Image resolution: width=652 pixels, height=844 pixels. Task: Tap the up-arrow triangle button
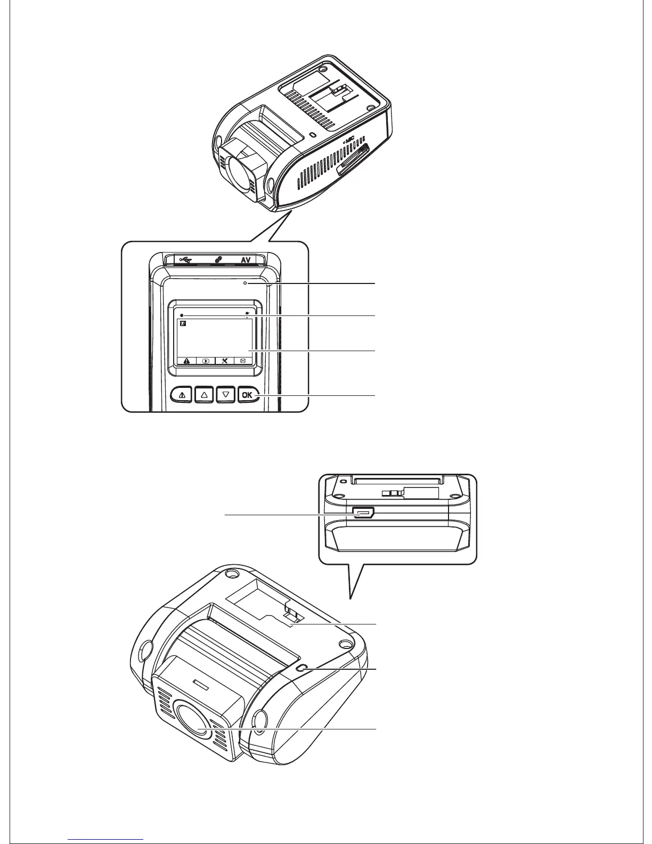point(205,395)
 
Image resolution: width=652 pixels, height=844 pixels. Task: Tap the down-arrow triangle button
point(226,395)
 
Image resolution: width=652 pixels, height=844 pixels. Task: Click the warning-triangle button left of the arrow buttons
point(182,395)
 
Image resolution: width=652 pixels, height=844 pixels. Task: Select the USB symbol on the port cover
point(184,260)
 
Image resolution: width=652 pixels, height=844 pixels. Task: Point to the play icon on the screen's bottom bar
point(206,360)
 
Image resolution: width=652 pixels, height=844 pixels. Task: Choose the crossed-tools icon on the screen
point(225,360)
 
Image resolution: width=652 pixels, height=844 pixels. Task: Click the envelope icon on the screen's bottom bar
point(243,360)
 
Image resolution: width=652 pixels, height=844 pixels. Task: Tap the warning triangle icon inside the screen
point(186,360)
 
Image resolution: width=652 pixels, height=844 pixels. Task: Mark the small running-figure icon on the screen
point(183,323)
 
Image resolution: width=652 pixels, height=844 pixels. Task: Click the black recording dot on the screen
point(182,315)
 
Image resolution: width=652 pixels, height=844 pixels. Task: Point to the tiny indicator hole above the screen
point(245,284)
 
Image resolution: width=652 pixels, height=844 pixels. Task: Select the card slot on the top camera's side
point(353,161)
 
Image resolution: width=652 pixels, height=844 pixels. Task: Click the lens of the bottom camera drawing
point(195,724)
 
